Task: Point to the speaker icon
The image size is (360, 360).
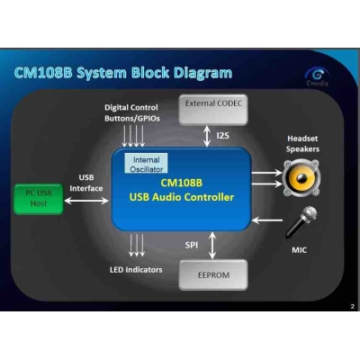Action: [301, 176]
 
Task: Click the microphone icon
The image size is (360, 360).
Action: [301, 221]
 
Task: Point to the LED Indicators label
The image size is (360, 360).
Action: [138, 267]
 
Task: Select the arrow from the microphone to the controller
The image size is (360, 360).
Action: [267, 217]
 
